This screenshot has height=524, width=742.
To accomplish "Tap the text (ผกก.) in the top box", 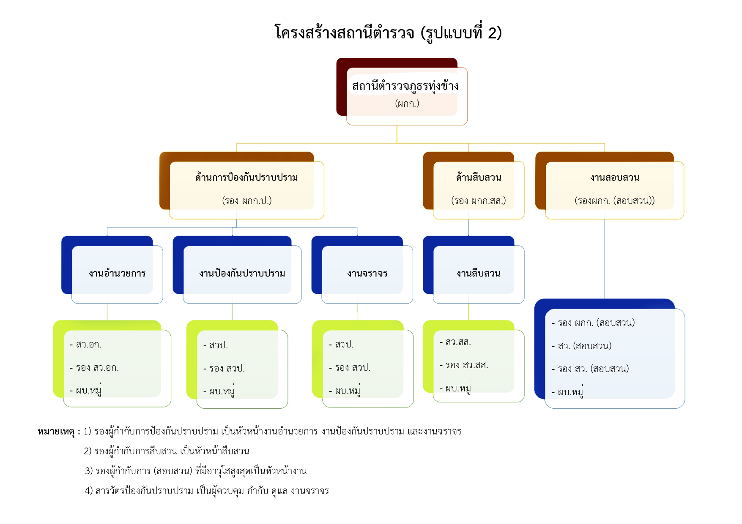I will [407, 103].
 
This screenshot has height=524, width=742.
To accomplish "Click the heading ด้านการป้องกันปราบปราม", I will [246, 177].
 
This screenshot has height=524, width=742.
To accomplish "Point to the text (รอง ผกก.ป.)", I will [246, 201].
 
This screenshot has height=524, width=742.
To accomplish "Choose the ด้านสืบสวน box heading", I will [479, 177].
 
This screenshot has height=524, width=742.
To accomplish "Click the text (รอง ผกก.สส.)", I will [478, 201].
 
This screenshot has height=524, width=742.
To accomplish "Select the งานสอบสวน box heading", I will [615, 177].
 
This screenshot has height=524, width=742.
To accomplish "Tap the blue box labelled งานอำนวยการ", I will [117, 273].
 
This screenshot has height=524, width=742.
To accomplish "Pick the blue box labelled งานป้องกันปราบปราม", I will [242, 273].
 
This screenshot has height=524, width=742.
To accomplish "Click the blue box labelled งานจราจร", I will [367, 273].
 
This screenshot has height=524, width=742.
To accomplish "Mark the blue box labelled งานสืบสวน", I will [478, 273].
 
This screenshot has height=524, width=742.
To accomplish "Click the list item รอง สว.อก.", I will [97, 368].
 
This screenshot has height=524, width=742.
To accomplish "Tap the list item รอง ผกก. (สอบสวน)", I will [596, 323].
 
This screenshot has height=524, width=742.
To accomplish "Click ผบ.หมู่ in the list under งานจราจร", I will [347, 391].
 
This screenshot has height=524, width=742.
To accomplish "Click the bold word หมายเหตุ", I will [56, 432].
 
